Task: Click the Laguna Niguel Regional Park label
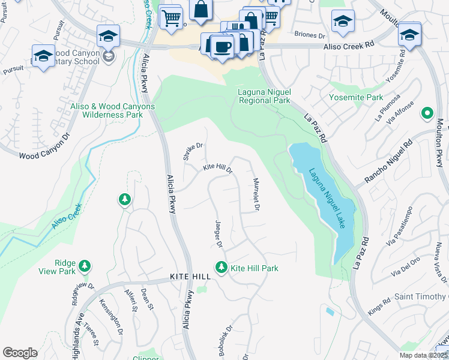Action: (264, 95)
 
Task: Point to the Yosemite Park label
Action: (355, 97)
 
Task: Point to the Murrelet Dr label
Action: (256, 194)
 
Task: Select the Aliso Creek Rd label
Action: (349, 46)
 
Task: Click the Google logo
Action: (20, 352)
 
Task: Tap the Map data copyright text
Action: (423, 355)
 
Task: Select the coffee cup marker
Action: (223, 47)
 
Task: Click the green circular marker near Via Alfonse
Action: (427, 112)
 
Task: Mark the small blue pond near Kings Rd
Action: (329, 311)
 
